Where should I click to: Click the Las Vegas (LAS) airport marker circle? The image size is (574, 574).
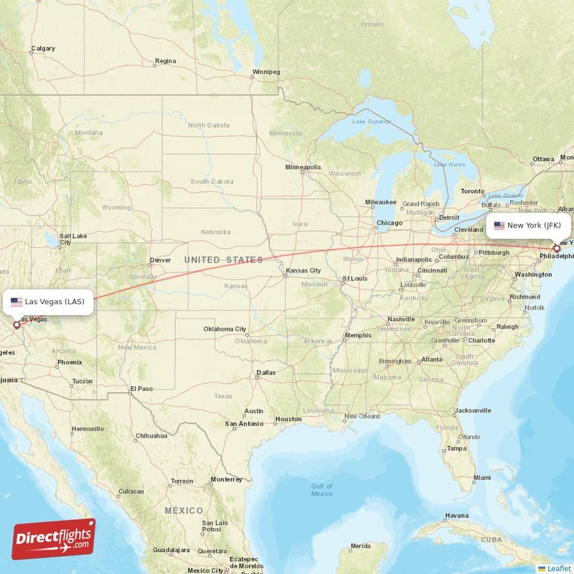tap(17, 325)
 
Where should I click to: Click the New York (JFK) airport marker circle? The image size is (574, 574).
tap(557, 248)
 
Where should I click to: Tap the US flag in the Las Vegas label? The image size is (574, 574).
tap(16, 301)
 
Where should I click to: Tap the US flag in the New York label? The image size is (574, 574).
tap(499, 225)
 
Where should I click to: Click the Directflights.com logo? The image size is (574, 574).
tap(53, 539)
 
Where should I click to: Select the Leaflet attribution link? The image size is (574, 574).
tap(554, 568)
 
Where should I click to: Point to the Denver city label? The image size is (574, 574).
tap(160, 260)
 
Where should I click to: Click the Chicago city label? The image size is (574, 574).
tap(390, 222)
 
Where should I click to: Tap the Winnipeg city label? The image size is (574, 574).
tap(266, 72)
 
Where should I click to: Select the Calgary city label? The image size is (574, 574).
tap(42, 49)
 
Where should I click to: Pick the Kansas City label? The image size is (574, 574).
tap(303, 270)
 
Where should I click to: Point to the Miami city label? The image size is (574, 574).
tap(481, 477)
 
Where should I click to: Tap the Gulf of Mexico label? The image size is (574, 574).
tap(321, 490)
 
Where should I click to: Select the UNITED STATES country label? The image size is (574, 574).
tap(223, 259)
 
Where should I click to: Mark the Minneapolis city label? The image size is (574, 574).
tap(303, 167)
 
